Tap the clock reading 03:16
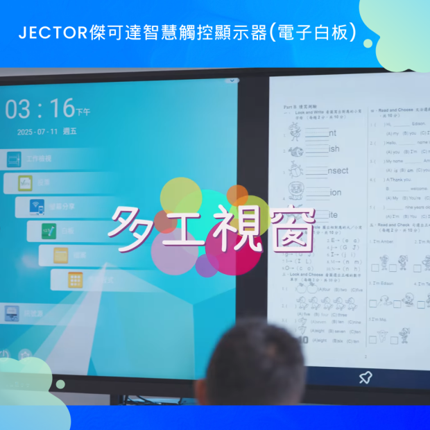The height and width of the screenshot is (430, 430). [x=40, y=109]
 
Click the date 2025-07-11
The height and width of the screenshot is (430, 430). [x=35, y=132]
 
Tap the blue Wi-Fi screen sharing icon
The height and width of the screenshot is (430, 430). [x=37, y=207]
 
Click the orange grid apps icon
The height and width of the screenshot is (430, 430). [x=75, y=279]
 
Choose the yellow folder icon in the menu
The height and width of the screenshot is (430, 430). [x=61, y=255]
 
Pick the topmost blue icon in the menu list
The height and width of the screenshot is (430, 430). [x=14, y=159]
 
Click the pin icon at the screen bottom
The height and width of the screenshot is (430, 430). [x=365, y=377]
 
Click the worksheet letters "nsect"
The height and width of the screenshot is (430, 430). [x=338, y=171]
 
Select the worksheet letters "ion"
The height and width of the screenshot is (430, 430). [x=335, y=192]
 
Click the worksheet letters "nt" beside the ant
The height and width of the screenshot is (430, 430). [x=333, y=132]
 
